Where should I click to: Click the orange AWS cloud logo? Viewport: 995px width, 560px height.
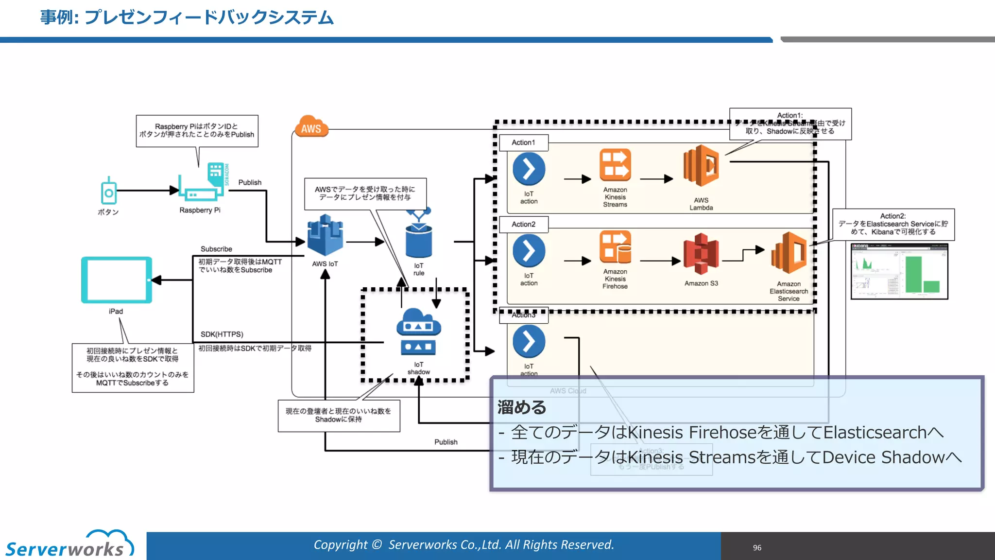pos(311,127)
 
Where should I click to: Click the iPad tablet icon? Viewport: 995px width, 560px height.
pos(117,280)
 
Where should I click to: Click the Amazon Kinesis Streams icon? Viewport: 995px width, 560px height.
pos(615,165)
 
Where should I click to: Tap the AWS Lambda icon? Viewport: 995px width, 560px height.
pos(701,166)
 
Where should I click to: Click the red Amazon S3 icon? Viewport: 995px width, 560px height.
pos(701,254)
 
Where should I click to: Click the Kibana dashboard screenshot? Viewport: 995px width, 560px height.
pos(899,271)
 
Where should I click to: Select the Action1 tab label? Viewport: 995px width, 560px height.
pos(523,142)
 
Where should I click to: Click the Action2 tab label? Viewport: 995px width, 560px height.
pos(523,224)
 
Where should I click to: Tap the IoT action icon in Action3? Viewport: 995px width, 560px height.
pos(529,341)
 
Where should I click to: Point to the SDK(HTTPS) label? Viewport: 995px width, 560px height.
pos(222,334)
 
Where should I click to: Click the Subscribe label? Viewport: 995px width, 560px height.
pos(216,249)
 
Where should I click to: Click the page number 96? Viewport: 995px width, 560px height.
pos(757,548)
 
